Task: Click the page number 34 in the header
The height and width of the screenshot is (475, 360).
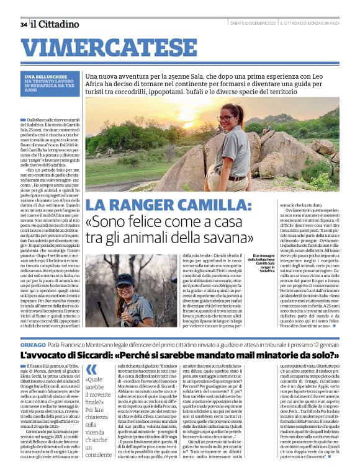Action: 24,24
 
